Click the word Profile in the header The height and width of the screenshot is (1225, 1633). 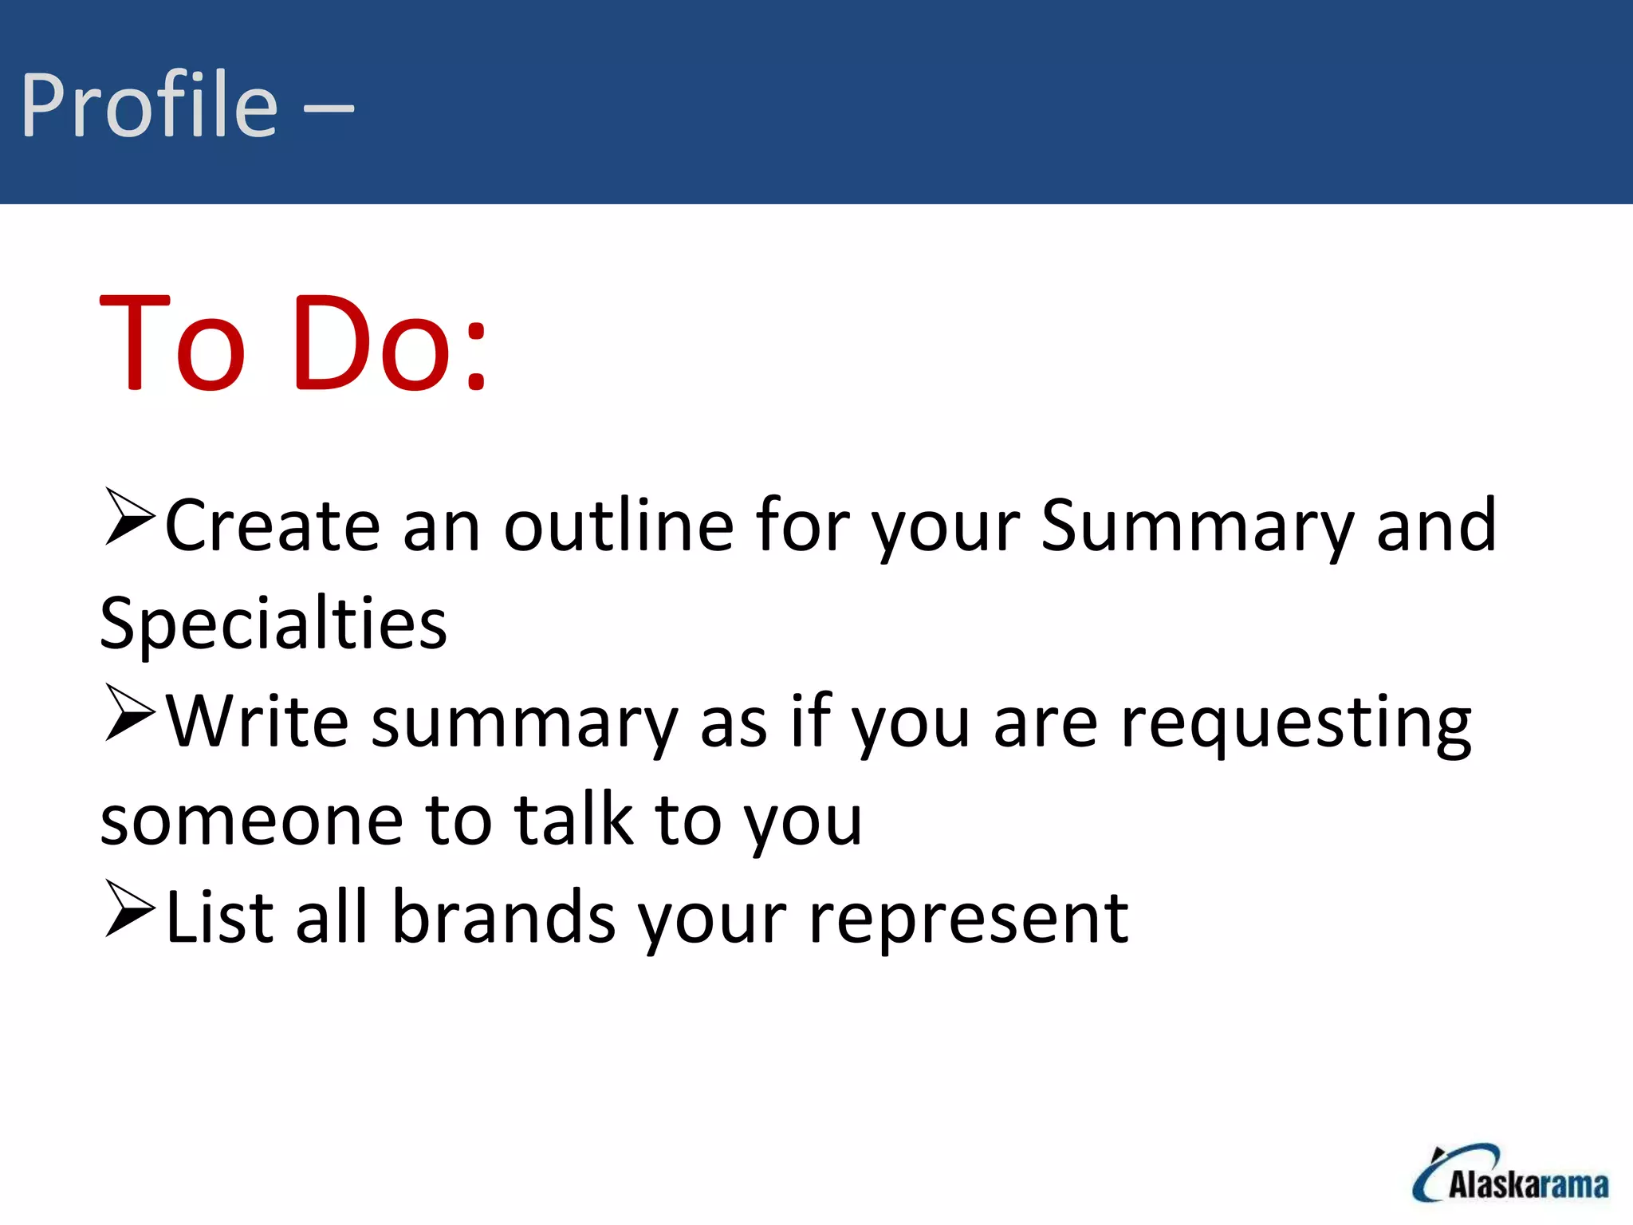click(149, 105)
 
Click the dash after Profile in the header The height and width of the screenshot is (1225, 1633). click(329, 109)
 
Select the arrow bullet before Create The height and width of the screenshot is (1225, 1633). click(128, 518)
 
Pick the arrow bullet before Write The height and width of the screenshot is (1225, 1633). click(128, 714)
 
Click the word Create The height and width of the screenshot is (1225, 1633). click(272, 526)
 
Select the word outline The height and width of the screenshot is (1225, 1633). click(619, 526)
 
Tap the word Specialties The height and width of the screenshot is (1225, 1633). click(273, 625)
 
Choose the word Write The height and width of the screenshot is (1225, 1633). click(257, 722)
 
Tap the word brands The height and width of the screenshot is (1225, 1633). click(504, 917)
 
